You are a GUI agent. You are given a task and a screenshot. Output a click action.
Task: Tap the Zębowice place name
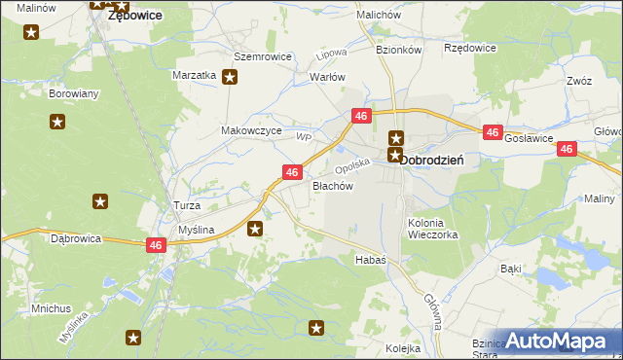click(134, 16)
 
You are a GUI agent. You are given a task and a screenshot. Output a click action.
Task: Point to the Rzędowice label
click(469, 48)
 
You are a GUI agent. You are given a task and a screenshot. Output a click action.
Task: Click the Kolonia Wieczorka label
click(432, 229)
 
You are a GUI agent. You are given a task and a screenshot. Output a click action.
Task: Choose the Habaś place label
click(370, 260)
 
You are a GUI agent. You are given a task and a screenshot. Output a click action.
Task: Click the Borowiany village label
click(73, 94)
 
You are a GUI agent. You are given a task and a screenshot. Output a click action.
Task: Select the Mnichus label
click(51, 308)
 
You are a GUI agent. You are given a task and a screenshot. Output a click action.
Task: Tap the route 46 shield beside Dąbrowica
click(156, 246)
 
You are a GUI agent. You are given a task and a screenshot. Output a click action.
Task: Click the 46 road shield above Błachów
click(291, 172)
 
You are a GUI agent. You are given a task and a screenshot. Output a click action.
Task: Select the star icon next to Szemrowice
click(229, 79)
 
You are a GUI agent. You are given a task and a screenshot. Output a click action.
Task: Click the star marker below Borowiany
click(57, 122)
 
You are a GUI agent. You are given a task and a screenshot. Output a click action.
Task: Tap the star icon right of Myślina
click(255, 229)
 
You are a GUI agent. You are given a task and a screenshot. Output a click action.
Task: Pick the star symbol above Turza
click(99, 201)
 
